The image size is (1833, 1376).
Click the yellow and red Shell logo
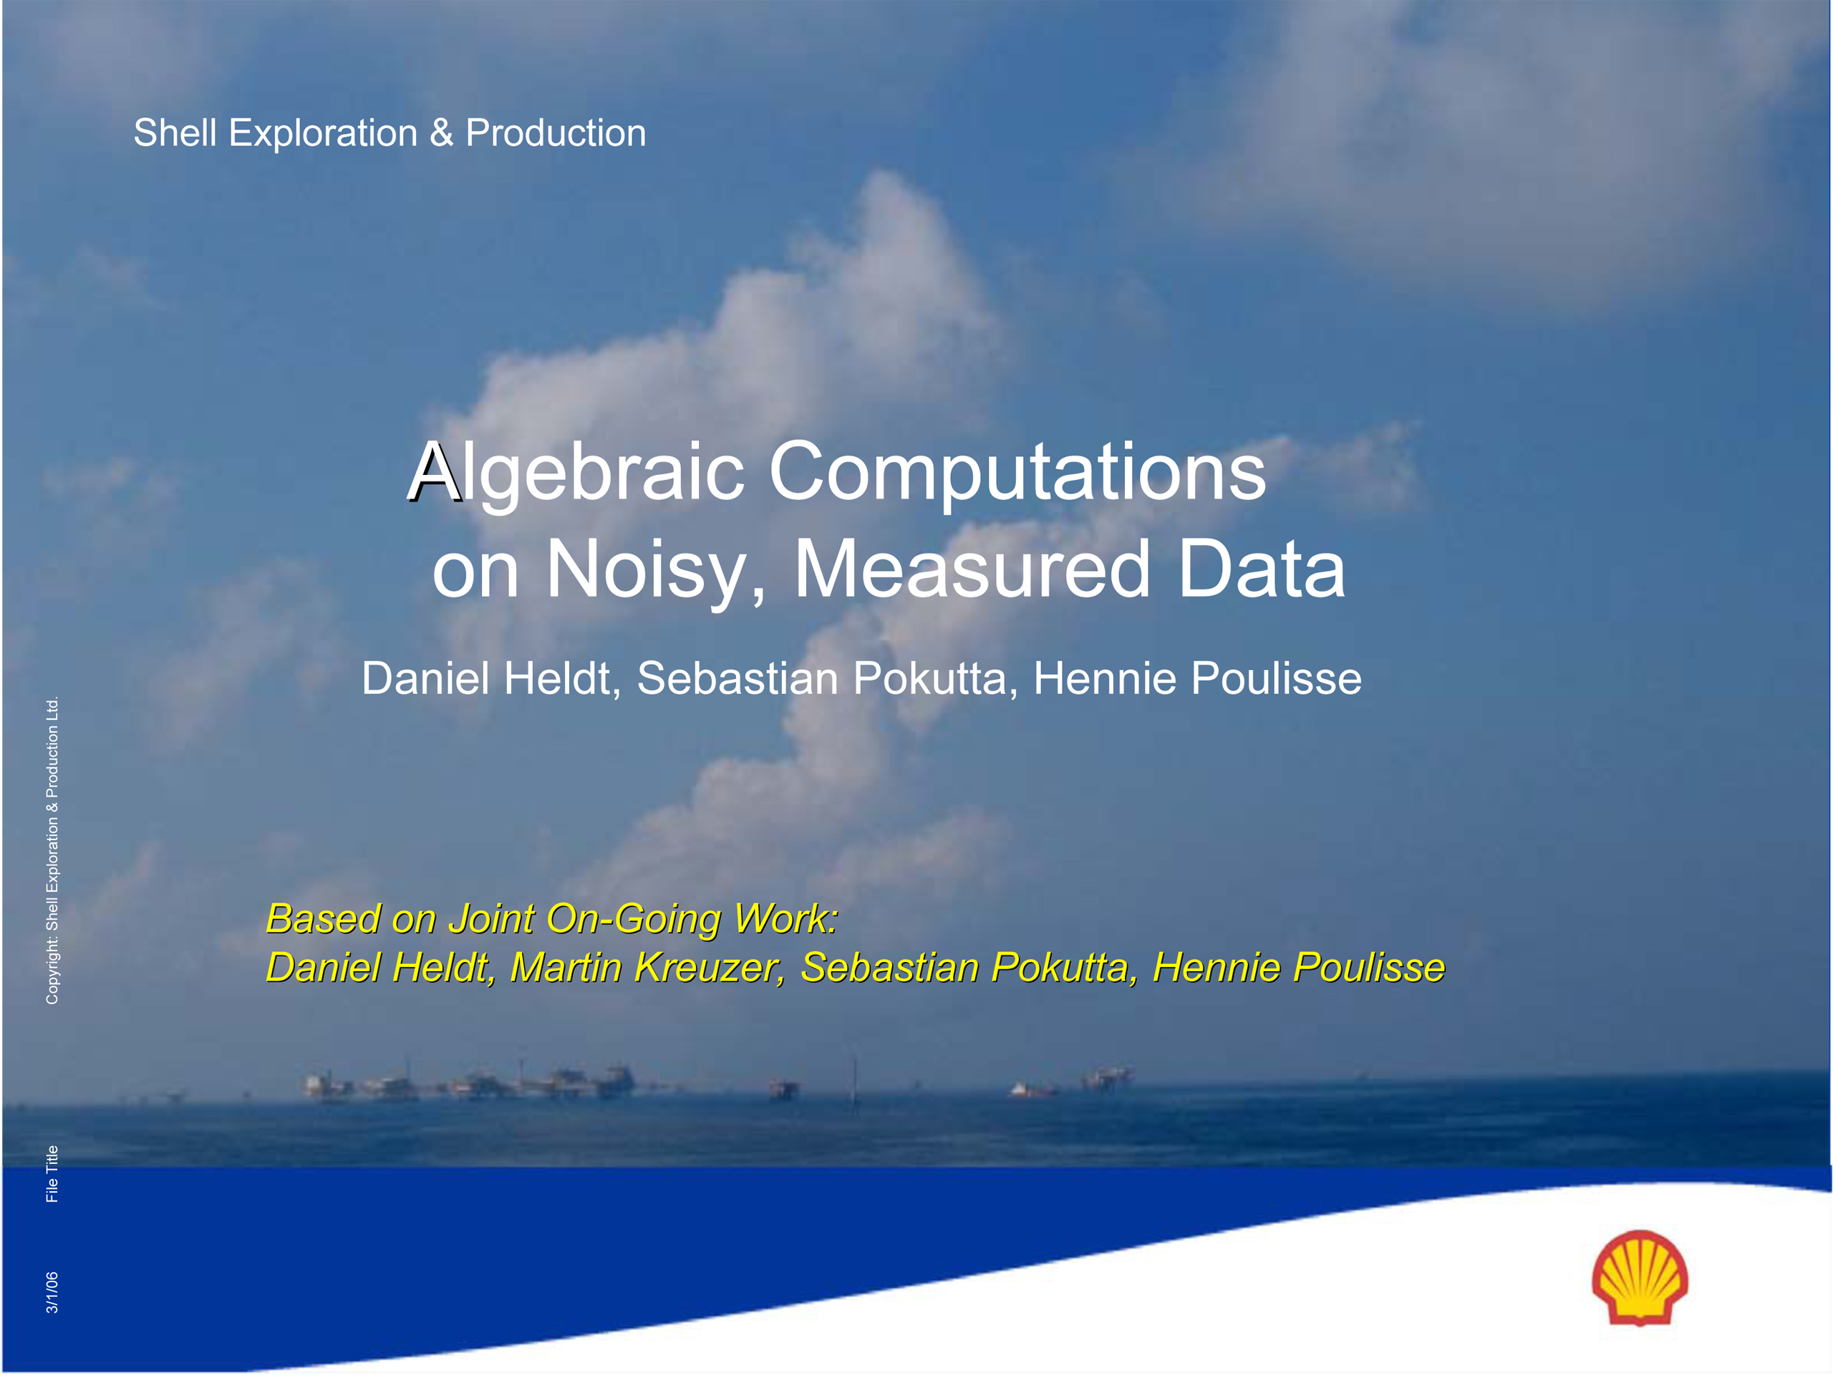[1640, 1278]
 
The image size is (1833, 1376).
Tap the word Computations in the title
[1017, 473]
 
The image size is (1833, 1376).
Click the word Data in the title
[1262, 569]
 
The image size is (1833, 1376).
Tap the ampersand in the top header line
[442, 133]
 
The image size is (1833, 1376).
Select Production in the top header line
[556, 133]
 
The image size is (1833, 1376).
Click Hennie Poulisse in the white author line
[1197, 679]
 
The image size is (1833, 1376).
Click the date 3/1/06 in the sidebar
[52, 1293]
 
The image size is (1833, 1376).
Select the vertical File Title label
[52, 1174]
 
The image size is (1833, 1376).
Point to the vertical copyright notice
[52, 850]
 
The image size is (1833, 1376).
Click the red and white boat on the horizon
[1030, 1089]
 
